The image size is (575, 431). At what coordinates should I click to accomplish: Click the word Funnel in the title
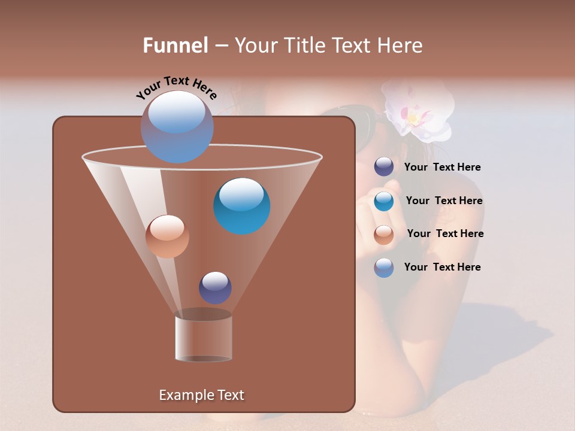[x=175, y=45]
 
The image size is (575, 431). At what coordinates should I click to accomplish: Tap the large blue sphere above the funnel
[x=177, y=126]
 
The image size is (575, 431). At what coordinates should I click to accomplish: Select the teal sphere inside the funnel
[x=242, y=206]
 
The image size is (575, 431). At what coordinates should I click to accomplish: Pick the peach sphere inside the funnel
[x=167, y=236]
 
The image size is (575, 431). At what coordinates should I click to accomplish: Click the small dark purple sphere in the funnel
[x=215, y=288]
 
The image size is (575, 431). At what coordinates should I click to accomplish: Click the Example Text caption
[x=201, y=395]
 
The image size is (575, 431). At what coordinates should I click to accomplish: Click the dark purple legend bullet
[x=384, y=167]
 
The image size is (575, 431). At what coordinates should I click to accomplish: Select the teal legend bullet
[x=384, y=201]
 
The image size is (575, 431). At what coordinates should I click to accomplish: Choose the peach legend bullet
[x=384, y=235]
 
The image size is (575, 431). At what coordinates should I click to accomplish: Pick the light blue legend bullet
[x=384, y=268]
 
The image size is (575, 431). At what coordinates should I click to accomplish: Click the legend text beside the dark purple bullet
[x=442, y=168]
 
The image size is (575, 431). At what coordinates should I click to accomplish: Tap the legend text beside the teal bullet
[x=444, y=201]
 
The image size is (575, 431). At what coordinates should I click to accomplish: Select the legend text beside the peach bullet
[x=445, y=234]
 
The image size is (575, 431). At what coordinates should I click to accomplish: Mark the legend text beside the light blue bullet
[x=442, y=268]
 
